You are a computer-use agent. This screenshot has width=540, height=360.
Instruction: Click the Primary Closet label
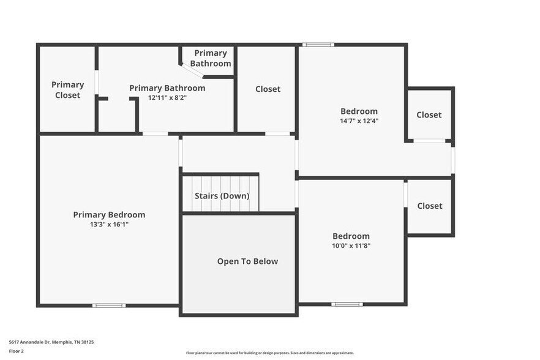pyautogui.click(x=67, y=90)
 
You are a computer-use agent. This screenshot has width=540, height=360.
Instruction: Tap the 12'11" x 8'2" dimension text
pyautogui.click(x=167, y=97)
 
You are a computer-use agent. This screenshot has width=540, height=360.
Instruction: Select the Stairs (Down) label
pyautogui.click(x=222, y=196)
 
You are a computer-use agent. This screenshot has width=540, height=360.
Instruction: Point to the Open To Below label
pyautogui.click(x=247, y=261)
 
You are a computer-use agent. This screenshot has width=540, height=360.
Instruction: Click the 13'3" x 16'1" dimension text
pyautogui.click(x=109, y=224)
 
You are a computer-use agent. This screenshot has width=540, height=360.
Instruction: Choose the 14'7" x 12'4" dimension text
pyautogui.click(x=359, y=121)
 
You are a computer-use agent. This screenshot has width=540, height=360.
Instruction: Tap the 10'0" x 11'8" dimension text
pyautogui.click(x=351, y=246)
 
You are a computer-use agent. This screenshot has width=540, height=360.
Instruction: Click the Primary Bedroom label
pyautogui.click(x=109, y=215)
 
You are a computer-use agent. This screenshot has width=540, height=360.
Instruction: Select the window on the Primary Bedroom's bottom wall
pyautogui.click(x=109, y=305)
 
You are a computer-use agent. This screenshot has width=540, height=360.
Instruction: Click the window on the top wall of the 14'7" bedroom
pyautogui.click(x=318, y=44)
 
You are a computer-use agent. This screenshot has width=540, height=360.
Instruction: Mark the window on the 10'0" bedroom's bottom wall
pyautogui.click(x=347, y=304)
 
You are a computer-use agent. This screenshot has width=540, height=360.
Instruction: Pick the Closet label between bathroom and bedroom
pyautogui.click(x=268, y=89)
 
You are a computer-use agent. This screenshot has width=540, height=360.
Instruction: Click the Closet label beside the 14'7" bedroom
pyautogui.click(x=429, y=115)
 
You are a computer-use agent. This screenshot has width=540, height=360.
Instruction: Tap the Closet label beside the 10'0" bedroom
pyautogui.click(x=429, y=206)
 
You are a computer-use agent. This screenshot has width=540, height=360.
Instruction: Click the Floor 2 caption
pyautogui.click(x=16, y=351)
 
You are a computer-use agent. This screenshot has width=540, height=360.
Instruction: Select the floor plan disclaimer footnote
pyautogui.click(x=269, y=353)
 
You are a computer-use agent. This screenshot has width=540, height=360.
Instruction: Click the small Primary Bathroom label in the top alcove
pyautogui.click(x=211, y=58)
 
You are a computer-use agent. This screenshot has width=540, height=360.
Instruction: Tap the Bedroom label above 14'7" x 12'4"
pyautogui.click(x=359, y=111)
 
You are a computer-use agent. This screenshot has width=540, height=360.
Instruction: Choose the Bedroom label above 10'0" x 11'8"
pyautogui.click(x=351, y=236)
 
